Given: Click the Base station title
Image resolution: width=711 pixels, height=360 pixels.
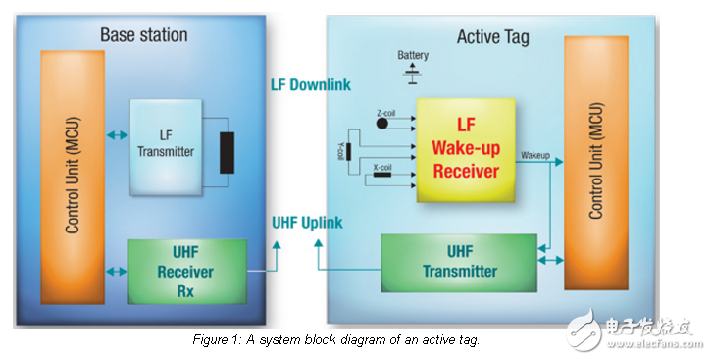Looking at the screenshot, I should point(143,35).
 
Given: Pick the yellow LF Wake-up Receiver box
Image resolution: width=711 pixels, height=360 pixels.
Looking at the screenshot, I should point(467,149).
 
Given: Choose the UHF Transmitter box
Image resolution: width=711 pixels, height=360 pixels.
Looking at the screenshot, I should point(459,262).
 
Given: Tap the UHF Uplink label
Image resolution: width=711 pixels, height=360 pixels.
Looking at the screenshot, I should point(307,223).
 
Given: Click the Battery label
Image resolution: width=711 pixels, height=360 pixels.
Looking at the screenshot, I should point(413,55).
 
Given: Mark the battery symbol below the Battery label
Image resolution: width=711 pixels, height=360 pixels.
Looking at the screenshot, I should point(413,71).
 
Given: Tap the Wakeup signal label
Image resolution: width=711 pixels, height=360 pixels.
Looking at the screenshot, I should point(535,155).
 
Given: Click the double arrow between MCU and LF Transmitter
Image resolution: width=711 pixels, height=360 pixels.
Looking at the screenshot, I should point(118,136).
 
